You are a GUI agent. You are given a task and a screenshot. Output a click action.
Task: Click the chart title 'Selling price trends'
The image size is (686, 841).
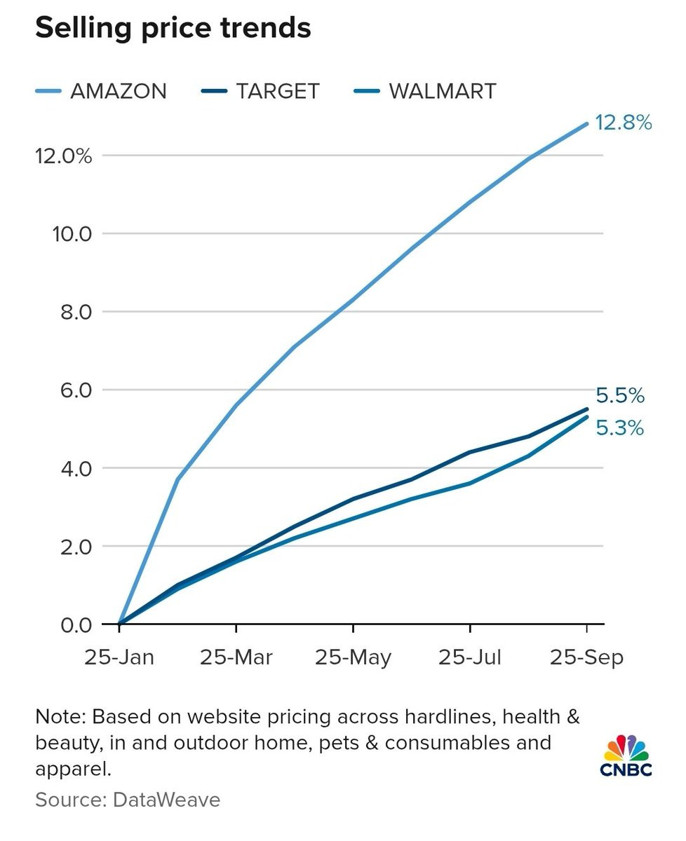173,29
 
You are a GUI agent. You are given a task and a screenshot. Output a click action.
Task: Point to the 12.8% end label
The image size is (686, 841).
624,123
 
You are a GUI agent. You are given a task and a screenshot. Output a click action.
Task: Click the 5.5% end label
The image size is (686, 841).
620,396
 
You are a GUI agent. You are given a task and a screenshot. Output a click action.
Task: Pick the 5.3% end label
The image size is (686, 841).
620,428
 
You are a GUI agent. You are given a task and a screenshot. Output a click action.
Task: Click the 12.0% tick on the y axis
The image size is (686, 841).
63,156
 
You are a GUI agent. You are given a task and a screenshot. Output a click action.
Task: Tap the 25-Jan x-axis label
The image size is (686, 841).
119,658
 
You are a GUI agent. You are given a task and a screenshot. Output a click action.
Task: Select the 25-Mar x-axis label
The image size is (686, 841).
236,658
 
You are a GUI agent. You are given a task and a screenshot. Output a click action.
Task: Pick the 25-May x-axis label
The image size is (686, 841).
353,658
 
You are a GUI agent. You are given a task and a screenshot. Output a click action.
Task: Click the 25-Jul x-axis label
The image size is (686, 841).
470,658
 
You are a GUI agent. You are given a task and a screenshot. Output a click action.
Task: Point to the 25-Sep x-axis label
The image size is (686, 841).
586,658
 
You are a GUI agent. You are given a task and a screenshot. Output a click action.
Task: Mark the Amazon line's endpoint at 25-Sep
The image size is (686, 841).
586,124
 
